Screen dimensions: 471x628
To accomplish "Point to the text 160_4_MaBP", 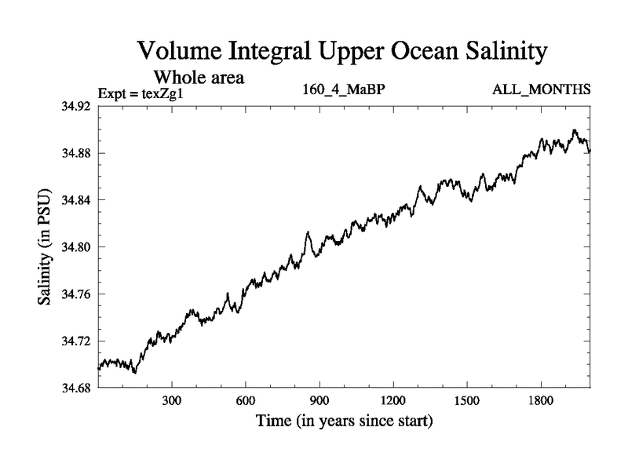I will pyautogui.click(x=344, y=89).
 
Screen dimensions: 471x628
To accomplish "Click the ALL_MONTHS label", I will pyautogui.click(x=542, y=89).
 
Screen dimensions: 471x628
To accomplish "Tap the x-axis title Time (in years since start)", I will pyautogui.click(x=344, y=422).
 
